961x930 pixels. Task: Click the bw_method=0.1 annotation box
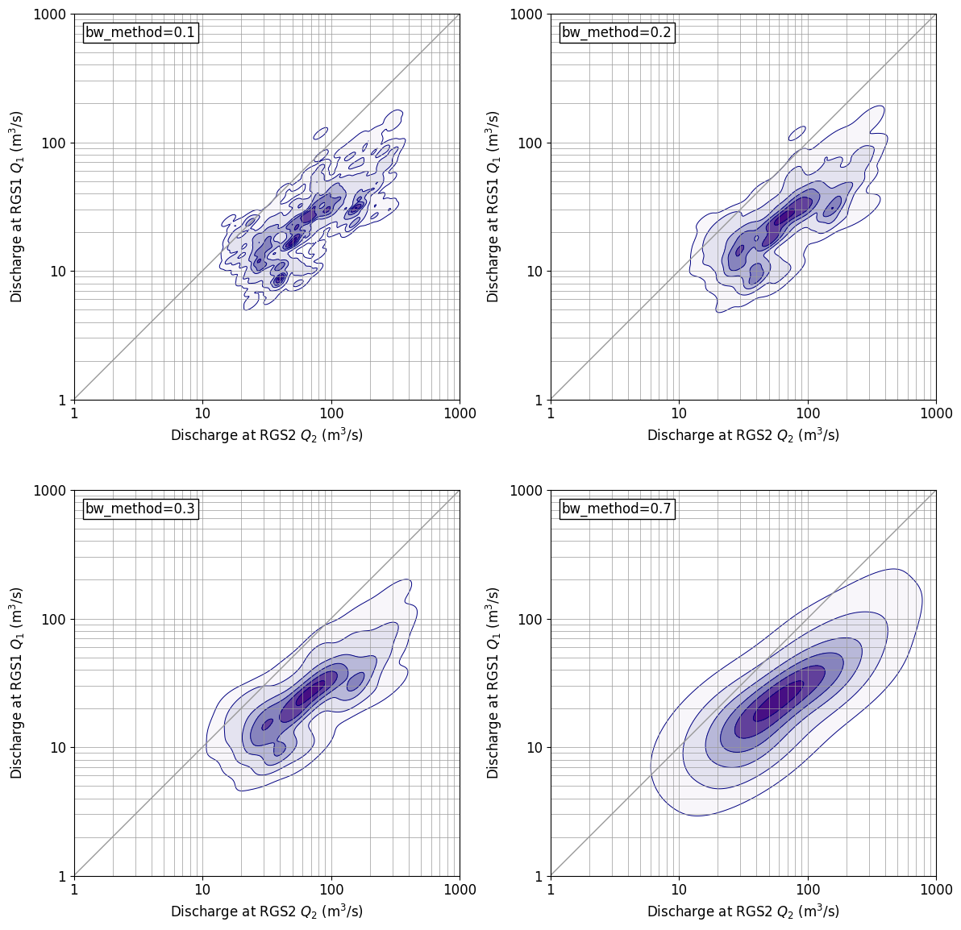pyautogui.click(x=140, y=33)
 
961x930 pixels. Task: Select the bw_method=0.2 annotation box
pyautogui.click(x=617, y=33)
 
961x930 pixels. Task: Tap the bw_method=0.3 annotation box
pyautogui.click(x=140, y=509)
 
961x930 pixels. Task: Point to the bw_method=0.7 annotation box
pyautogui.click(x=617, y=509)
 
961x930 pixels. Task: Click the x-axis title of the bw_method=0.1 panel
pyautogui.click(x=267, y=435)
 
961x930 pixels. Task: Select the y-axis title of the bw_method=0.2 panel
pyautogui.click(x=493, y=206)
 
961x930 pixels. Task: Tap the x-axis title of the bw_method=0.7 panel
pyautogui.click(x=743, y=911)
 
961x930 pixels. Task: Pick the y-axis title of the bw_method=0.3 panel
pyautogui.click(x=16, y=683)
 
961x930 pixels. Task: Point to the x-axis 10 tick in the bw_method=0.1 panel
pyautogui.click(x=202, y=413)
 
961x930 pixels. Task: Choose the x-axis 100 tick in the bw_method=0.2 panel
pyautogui.click(x=808, y=413)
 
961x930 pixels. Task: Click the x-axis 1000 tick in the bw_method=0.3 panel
pyautogui.click(x=460, y=890)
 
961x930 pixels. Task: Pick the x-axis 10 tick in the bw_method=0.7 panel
pyautogui.click(x=679, y=890)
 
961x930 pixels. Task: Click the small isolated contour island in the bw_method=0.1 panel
pyautogui.click(x=321, y=133)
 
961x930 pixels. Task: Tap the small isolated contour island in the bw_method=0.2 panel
pyautogui.click(x=797, y=133)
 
